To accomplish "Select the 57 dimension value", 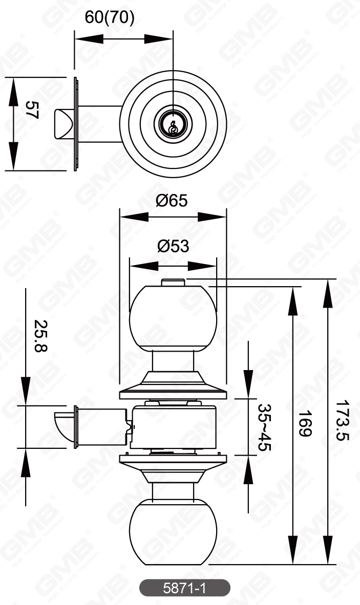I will pos(32,110).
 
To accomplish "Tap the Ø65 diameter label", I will pos(172,200).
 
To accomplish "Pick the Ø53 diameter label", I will pos(173,246).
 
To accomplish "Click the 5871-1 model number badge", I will pos(184,589).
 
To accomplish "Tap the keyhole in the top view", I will pos(174,124).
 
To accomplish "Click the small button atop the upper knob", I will pos(173,282).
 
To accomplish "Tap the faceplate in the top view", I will pos(76,124).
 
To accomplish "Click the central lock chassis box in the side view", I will pos(173,426).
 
